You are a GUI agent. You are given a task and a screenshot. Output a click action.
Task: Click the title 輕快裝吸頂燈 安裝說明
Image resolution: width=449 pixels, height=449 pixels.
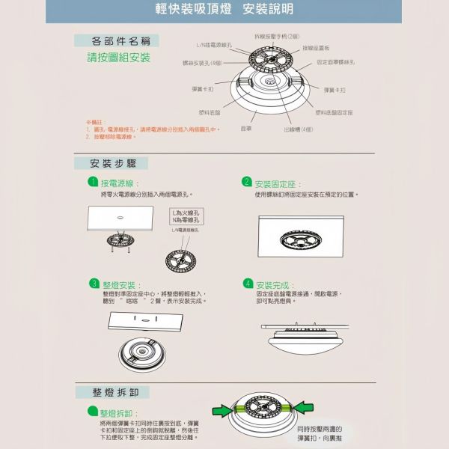tap(224, 10)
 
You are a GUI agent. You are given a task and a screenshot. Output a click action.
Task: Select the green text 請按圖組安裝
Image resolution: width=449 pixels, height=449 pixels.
tap(118, 58)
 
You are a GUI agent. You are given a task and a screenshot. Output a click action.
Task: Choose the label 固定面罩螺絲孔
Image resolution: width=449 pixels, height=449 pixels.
tap(335, 62)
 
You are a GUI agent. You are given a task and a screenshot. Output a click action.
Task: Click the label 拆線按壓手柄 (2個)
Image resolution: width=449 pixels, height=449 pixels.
tap(277, 36)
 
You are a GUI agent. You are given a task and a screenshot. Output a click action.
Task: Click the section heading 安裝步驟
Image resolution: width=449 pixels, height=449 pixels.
tap(112, 163)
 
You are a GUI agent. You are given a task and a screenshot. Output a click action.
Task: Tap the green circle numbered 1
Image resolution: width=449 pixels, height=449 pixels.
tap(92, 182)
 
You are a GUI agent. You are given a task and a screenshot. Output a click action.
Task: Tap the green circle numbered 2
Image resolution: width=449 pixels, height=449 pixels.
tap(247, 182)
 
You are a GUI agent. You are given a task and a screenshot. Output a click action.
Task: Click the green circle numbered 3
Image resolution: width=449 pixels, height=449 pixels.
tap(94, 284)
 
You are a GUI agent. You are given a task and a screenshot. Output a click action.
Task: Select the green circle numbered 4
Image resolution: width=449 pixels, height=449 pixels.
tap(248, 284)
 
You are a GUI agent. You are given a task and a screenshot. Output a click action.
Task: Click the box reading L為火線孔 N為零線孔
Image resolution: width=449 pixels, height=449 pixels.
tap(186, 217)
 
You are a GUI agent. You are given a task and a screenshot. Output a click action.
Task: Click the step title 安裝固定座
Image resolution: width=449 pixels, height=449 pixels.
tap(278, 184)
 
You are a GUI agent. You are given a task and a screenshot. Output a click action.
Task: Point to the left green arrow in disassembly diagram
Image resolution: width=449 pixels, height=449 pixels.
tap(222, 409)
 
